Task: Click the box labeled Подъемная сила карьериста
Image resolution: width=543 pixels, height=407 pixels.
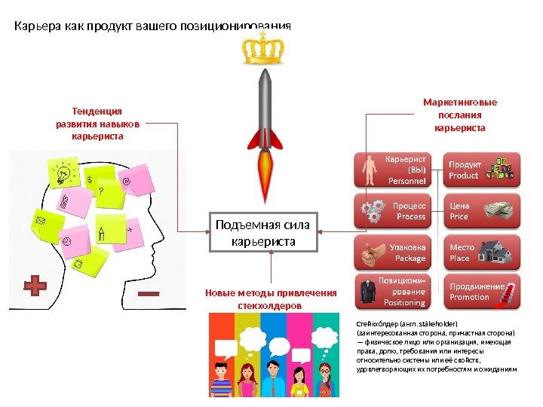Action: [x=265, y=232]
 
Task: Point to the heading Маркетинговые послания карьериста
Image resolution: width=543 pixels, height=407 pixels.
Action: [x=460, y=115]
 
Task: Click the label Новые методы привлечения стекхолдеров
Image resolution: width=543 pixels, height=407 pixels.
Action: [x=270, y=299]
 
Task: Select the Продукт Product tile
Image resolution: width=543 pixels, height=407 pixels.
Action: [x=483, y=170]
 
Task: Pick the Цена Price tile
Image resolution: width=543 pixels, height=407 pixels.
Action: [x=483, y=210]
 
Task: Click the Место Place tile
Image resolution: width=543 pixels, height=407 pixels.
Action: [x=483, y=252]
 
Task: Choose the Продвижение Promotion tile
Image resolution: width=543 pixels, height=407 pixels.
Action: [x=483, y=292]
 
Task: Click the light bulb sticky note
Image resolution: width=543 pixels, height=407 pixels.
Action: [x=63, y=174]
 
